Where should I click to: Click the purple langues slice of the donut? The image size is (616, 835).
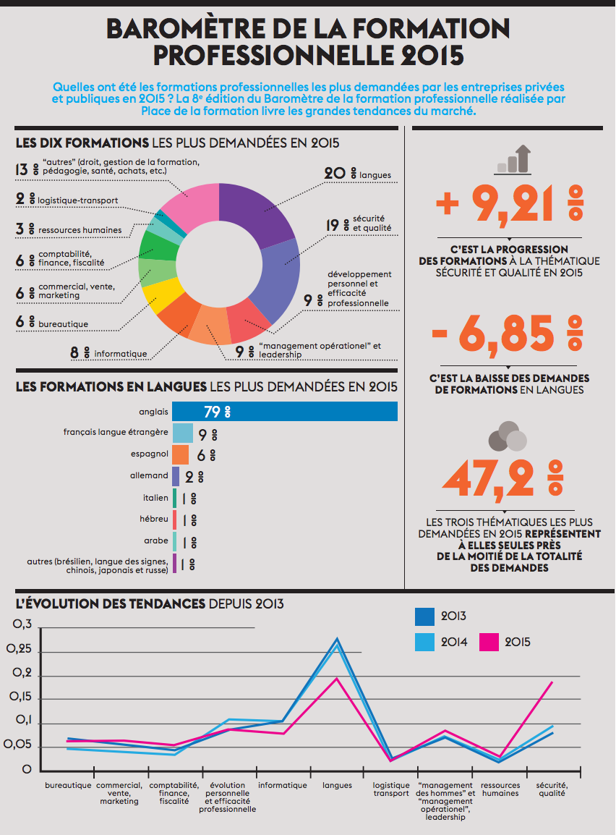coord(257,210)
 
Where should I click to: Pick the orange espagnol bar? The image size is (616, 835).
coord(181,454)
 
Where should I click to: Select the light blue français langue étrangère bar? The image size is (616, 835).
coord(183,433)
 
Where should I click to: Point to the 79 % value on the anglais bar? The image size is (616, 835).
coord(216,412)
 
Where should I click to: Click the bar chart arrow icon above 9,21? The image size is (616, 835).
coord(513,159)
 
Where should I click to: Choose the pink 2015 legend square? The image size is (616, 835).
coord(489,641)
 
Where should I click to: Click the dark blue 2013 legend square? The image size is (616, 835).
coord(424,616)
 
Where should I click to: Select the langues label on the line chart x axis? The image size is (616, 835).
coord(337,785)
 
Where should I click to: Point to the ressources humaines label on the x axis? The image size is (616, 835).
coord(500,789)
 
